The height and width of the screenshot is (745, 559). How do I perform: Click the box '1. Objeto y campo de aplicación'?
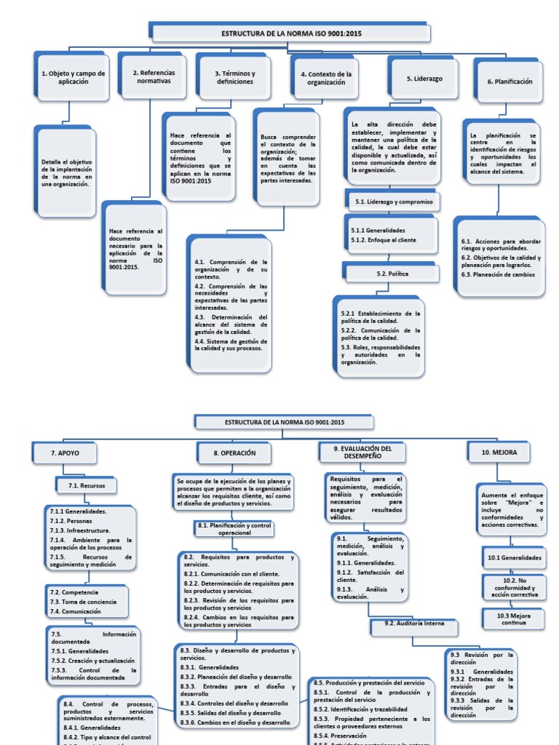[72, 78]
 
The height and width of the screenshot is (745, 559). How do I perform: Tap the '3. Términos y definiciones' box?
[234, 77]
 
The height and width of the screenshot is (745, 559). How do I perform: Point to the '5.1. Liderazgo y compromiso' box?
[393, 202]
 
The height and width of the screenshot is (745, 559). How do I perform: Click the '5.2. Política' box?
[392, 274]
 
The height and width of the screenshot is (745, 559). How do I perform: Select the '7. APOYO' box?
[65, 453]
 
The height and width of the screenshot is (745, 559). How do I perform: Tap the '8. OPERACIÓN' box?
[234, 453]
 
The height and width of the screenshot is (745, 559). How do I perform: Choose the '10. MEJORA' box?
[504, 453]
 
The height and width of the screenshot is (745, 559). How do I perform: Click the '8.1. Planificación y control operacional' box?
[234, 528]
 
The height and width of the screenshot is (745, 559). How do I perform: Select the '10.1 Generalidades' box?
[514, 558]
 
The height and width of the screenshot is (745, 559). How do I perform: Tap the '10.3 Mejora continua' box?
[514, 619]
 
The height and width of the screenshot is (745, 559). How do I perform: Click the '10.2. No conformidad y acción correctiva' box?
[514, 587]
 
